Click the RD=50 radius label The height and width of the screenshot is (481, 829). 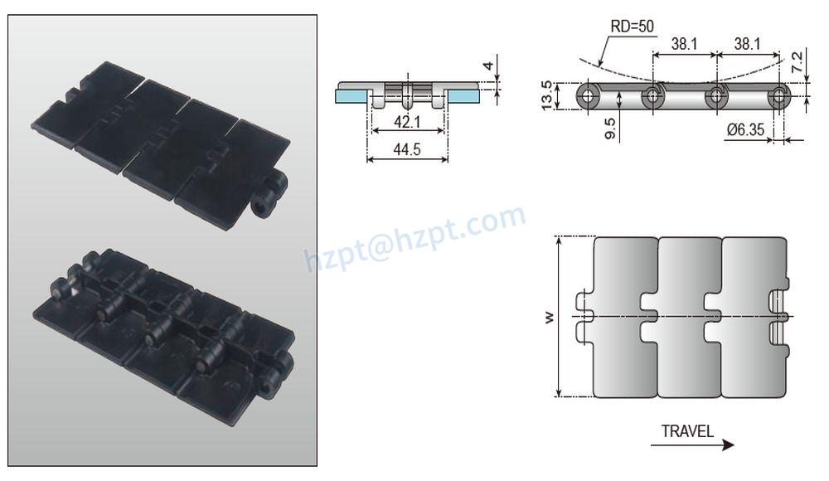tap(632, 27)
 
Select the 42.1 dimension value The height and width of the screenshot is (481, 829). tap(407, 123)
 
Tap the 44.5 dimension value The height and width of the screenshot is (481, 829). tap(407, 149)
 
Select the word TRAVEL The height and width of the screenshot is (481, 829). tap(687, 431)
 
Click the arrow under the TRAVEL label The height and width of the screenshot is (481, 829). tap(692, 445)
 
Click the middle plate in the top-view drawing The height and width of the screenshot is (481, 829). tap(690, 318)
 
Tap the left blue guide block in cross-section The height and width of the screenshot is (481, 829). tap(351, 96)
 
